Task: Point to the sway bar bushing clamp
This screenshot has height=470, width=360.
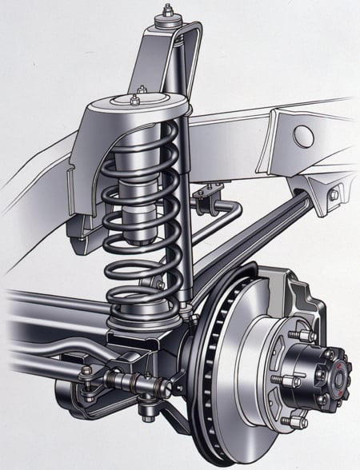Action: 211,197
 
